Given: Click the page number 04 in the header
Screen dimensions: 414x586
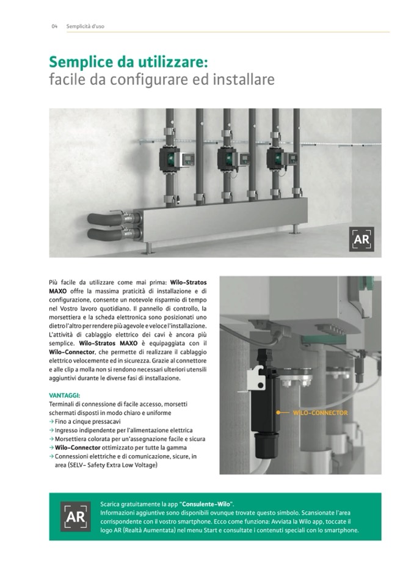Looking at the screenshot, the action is pos(54,26).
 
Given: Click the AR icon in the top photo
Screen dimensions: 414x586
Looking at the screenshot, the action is pos(361,239).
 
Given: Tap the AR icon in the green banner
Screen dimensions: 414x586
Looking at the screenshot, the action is pos(75,516).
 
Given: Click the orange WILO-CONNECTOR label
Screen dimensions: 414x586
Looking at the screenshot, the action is pos(321,412).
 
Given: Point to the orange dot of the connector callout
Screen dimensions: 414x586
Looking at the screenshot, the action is pos(278,412).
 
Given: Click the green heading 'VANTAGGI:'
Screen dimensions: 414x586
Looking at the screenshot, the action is pos(65,395).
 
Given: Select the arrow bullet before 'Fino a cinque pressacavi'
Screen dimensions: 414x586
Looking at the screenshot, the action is pos(51,422).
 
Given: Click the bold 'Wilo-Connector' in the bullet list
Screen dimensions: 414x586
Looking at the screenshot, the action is pos(78,447).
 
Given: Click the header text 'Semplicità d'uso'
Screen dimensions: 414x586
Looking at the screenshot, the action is pos(85,26).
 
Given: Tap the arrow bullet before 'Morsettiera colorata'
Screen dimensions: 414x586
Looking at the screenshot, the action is pos(51,439).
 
